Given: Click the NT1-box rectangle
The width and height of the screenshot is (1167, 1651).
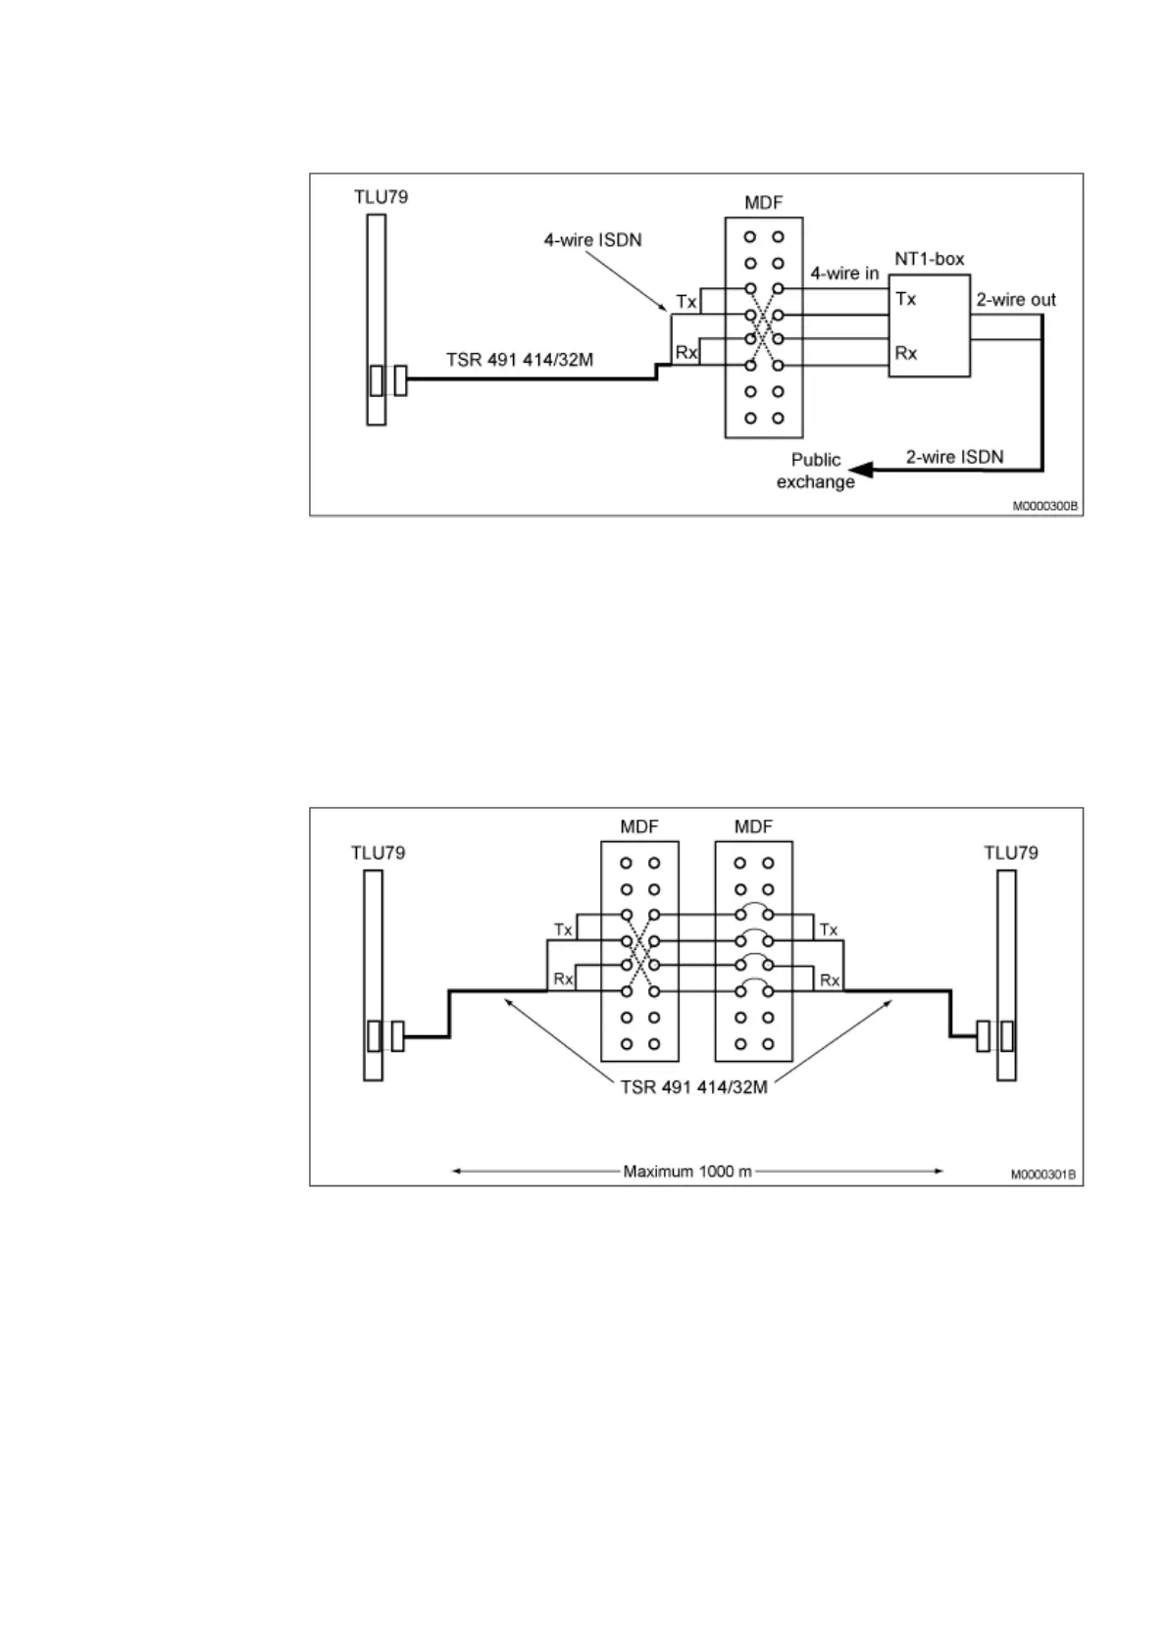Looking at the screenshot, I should [929, 325].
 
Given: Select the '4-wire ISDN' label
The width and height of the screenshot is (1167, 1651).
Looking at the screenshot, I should [592, 240].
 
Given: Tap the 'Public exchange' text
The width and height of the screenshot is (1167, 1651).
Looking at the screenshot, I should [816, 471].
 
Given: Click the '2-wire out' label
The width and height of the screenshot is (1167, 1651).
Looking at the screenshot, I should [1015, 300].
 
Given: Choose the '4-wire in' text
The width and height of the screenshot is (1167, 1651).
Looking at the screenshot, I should [844, 274].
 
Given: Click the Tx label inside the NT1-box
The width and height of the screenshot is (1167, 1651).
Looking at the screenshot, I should [905, 299].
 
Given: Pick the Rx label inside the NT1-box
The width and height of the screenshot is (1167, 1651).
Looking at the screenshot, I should [905, 353].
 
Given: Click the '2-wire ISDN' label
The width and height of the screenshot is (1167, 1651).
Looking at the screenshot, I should [954, 457].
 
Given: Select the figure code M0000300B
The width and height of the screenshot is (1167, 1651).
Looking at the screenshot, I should [1045, 507].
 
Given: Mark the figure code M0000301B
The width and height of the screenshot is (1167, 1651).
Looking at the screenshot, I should [1044, 1175].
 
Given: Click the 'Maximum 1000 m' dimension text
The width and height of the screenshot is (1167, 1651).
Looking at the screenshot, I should [687, 1172].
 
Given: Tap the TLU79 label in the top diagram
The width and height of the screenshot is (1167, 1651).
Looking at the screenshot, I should [381, 197].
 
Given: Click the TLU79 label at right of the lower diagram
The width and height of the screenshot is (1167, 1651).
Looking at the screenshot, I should [1010, 853].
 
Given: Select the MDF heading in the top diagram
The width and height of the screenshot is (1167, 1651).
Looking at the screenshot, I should [764, 203].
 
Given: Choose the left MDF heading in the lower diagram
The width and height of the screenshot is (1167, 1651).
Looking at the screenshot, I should [638, 827].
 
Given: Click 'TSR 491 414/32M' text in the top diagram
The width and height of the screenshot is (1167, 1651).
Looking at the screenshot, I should [520, 360].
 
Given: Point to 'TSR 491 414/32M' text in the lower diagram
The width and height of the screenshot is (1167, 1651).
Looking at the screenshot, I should [693, 1087].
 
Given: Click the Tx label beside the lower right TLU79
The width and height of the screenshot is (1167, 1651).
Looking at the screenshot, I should [829, 929].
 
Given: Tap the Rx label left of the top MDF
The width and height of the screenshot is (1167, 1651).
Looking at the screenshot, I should [685, 352].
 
